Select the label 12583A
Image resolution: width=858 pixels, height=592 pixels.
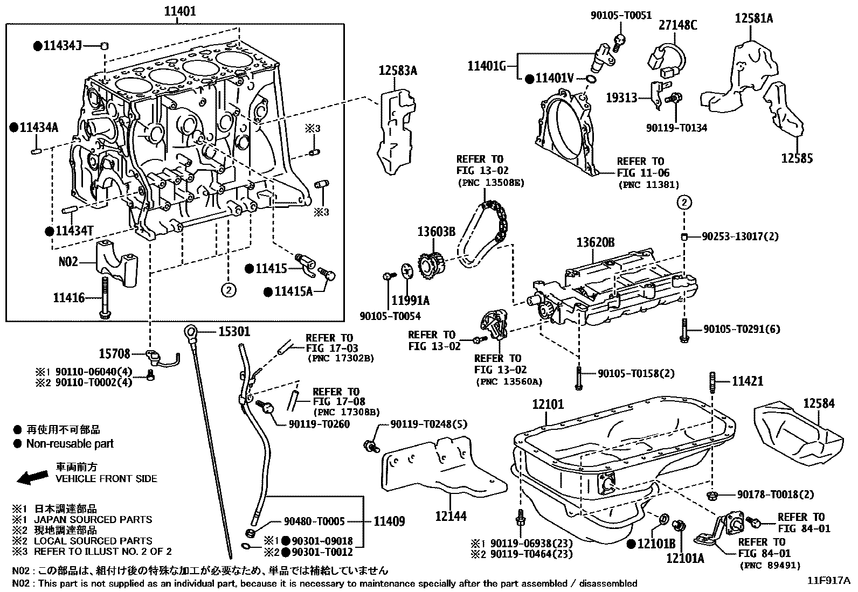pyautogui.click(x=398, y=70)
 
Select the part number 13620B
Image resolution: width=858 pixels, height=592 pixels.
pyautogui.click(x=595, y=243)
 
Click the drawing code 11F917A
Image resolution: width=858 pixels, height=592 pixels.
pyautogui.click(x=828, y=581)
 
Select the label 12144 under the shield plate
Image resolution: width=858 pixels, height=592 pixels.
pyautogui.click(x=451, y=516)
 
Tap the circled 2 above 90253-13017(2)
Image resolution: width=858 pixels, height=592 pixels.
pyautogui.click(x=684, y=203)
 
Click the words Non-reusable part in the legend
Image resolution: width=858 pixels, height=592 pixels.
pyautogui.click(x=70, y=444)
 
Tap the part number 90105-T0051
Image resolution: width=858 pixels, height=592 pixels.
pyautogui.click(x=621, y=16)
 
